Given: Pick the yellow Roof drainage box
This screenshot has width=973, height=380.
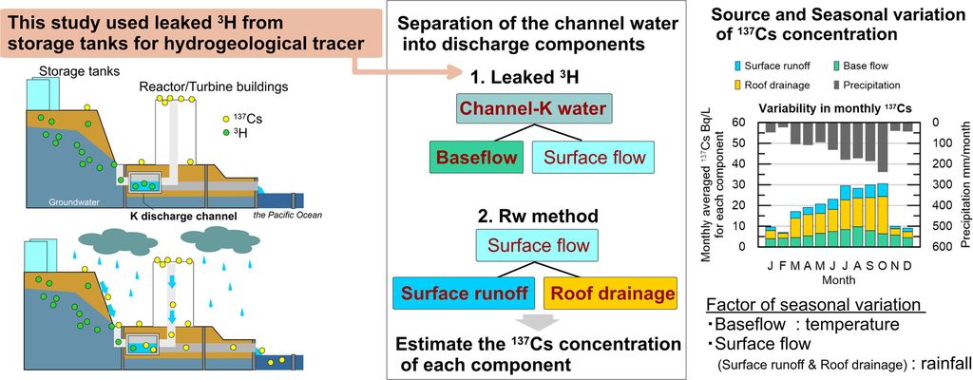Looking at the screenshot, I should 610,293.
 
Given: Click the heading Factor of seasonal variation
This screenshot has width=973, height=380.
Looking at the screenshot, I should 814,304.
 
